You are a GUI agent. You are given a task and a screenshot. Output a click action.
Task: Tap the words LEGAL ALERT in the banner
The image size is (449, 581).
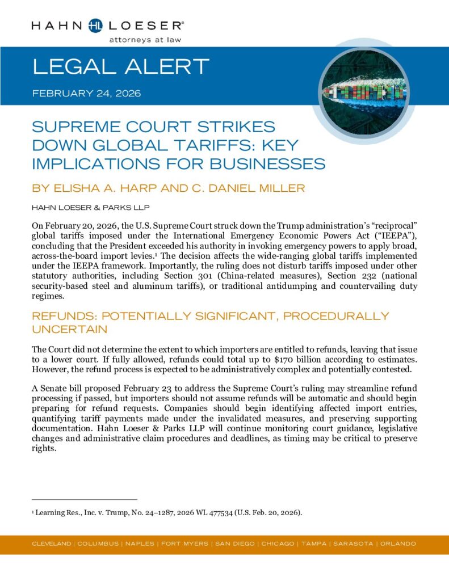[x=121, y=67]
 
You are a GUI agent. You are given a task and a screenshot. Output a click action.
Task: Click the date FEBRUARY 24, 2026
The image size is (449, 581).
[x=87, y=92]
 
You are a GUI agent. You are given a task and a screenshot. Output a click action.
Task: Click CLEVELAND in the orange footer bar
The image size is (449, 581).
[x=52, y=544]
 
